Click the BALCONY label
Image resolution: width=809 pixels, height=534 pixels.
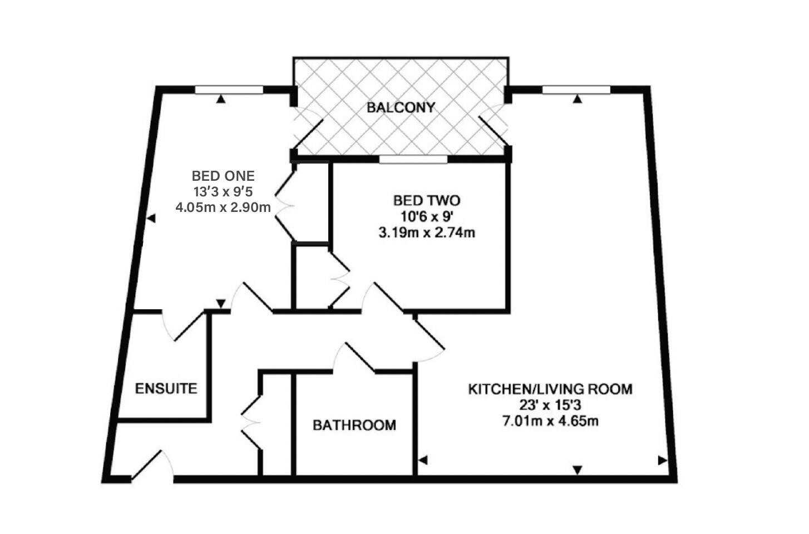(x=401, y=107)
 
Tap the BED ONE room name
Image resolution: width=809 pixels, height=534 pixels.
(x=223, y=176)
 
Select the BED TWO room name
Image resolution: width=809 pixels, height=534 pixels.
(x=427, y=200)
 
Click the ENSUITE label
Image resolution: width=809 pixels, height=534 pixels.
(x=166, y=388)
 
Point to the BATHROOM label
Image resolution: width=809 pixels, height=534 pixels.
(x=354, y=426)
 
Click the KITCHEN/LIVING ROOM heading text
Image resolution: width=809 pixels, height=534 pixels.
(x=550, y=389)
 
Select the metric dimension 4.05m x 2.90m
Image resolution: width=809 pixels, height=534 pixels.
(x=223, y=207)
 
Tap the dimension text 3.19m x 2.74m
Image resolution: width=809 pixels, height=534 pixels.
(x=427, y=233)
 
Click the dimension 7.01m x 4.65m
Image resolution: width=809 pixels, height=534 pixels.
(x=550, y=421)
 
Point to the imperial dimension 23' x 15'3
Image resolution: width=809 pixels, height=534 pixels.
(x=550, y=405)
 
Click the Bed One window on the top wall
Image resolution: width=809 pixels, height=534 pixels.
(x=229, y=90)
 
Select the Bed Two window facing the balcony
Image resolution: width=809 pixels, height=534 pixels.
(x=413, y=160)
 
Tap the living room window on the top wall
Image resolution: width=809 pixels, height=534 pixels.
(x=576, y=90)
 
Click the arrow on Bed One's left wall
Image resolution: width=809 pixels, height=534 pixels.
(x=151, y=219)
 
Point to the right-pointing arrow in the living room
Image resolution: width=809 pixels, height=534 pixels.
(x=662, y=460)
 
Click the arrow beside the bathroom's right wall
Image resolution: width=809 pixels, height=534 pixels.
(x=423, y=460)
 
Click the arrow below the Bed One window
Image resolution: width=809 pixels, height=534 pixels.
(x=221, y=99)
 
